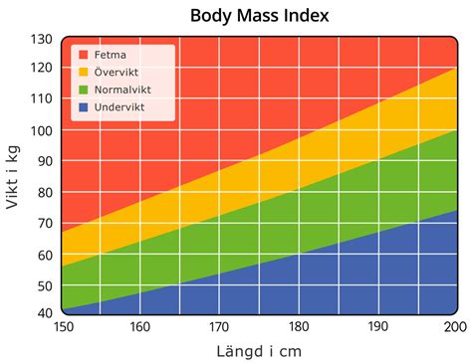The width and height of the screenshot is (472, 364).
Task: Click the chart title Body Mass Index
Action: pos(259,16)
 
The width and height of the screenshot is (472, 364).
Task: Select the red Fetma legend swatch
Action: pos(84,56)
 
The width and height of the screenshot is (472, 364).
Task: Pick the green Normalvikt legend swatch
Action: pos(84,90)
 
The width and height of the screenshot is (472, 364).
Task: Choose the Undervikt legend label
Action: pos(120,106)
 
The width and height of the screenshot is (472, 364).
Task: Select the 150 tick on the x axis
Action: pos(62,327)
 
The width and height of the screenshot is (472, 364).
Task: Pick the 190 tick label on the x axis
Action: pos(376,327)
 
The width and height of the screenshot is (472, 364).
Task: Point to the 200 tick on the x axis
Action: pos(454,327)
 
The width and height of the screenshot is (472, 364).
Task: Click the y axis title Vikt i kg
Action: pos(14,176)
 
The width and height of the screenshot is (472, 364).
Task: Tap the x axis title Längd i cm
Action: pos(258,351)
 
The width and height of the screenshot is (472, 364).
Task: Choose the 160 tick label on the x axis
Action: pos(140,327)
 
